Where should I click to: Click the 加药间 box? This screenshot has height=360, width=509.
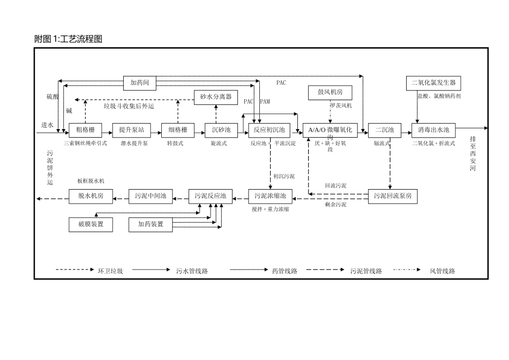click(139, 82)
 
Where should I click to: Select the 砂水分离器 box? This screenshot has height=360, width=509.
click(215, 96)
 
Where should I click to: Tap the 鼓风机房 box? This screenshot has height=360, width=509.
click(330, 93)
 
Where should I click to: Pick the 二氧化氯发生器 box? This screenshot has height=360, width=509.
click(433, 82)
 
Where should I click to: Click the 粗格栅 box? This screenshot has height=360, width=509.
click(85, 130)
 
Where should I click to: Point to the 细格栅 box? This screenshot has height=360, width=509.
click(177, 130)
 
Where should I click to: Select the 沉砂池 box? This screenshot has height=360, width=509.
click(221, 130)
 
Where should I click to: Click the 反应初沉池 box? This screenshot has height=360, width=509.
click(269, 130)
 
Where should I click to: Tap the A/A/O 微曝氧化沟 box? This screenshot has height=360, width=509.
click(330, 130)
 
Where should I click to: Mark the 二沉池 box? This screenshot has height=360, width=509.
click(384, 130)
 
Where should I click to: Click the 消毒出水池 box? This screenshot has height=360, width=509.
click(433, 130)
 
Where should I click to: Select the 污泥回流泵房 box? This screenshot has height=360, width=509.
click(392, 196)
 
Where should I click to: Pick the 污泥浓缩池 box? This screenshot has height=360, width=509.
click(270, 196)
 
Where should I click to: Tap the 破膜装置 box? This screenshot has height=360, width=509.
click(91, 224)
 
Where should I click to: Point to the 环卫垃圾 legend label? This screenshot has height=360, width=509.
click(110, 271)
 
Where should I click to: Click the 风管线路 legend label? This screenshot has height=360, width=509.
click(442, 271)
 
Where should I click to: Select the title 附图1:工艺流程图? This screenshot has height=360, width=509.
click(68, 39)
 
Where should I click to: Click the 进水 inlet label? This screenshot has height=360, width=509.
click(47, 124)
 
